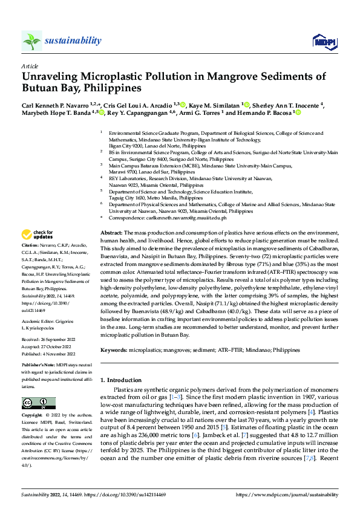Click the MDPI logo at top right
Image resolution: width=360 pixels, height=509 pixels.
[x=320, y=41]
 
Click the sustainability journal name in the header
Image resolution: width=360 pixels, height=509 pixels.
[x=73, y=41]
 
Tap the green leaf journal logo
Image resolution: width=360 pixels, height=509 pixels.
[x=32, y=41]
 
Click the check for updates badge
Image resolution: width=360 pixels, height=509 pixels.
[x=38, y=235]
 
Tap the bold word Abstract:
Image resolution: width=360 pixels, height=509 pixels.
[x=111, y=233]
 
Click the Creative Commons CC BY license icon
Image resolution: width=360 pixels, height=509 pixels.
[x=38, y=403]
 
